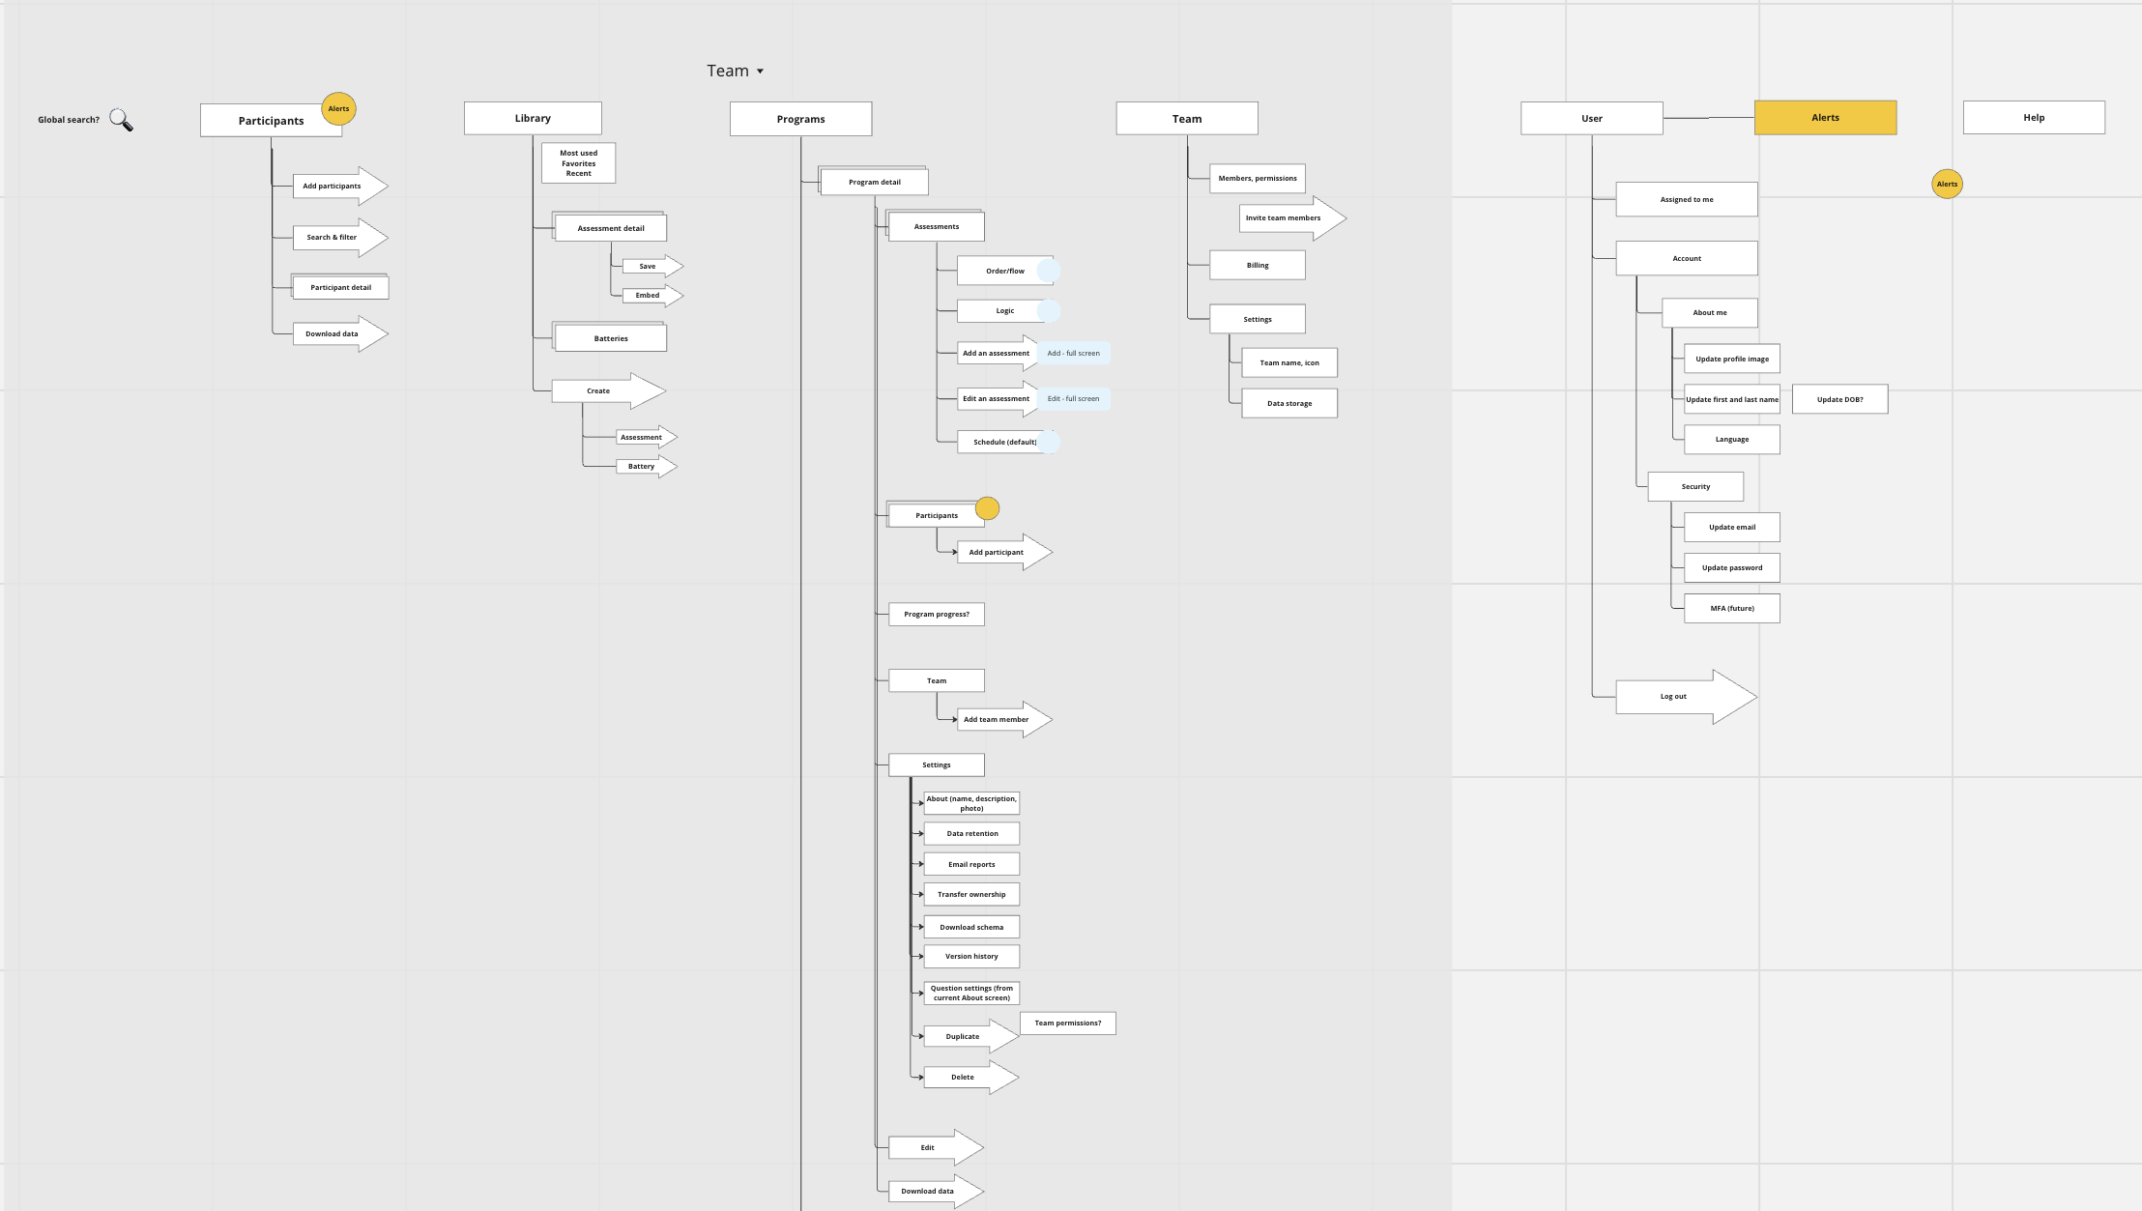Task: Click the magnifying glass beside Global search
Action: pyautogui.click(x=121, y=120)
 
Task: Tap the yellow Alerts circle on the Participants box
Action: pyautogui.click(x=338, y=108)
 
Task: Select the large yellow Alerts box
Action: pyautogui.click(x=1825, y=118)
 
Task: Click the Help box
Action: pyautogui.click(x=2034, y=118)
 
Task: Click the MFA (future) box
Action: pyautogui.click(x=1731, y=608)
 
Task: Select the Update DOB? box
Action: pyautogui.click(x=1839, y=399)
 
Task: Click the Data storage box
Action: pyautogui.click(x=1289, y=403)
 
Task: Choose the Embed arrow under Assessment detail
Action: pyautogui.click(x=651, y=295)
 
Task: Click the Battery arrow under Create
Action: pyautogui.click(x=645, y=466)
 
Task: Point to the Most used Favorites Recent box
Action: pyautogui.click(x=578, y=163)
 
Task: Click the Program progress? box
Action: pyautogui.click(x=936, y=614)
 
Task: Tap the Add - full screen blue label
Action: pyautogui.click(x=1074, y=353)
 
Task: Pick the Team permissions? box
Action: pyautogui.click(x=1067, y=1023)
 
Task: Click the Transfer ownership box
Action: pyautogui.click(x=971, y=894)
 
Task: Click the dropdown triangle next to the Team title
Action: pyautogui.click(x=760, y=72)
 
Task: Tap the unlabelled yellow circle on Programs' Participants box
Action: pyautogui.click(x=987, y=508)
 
